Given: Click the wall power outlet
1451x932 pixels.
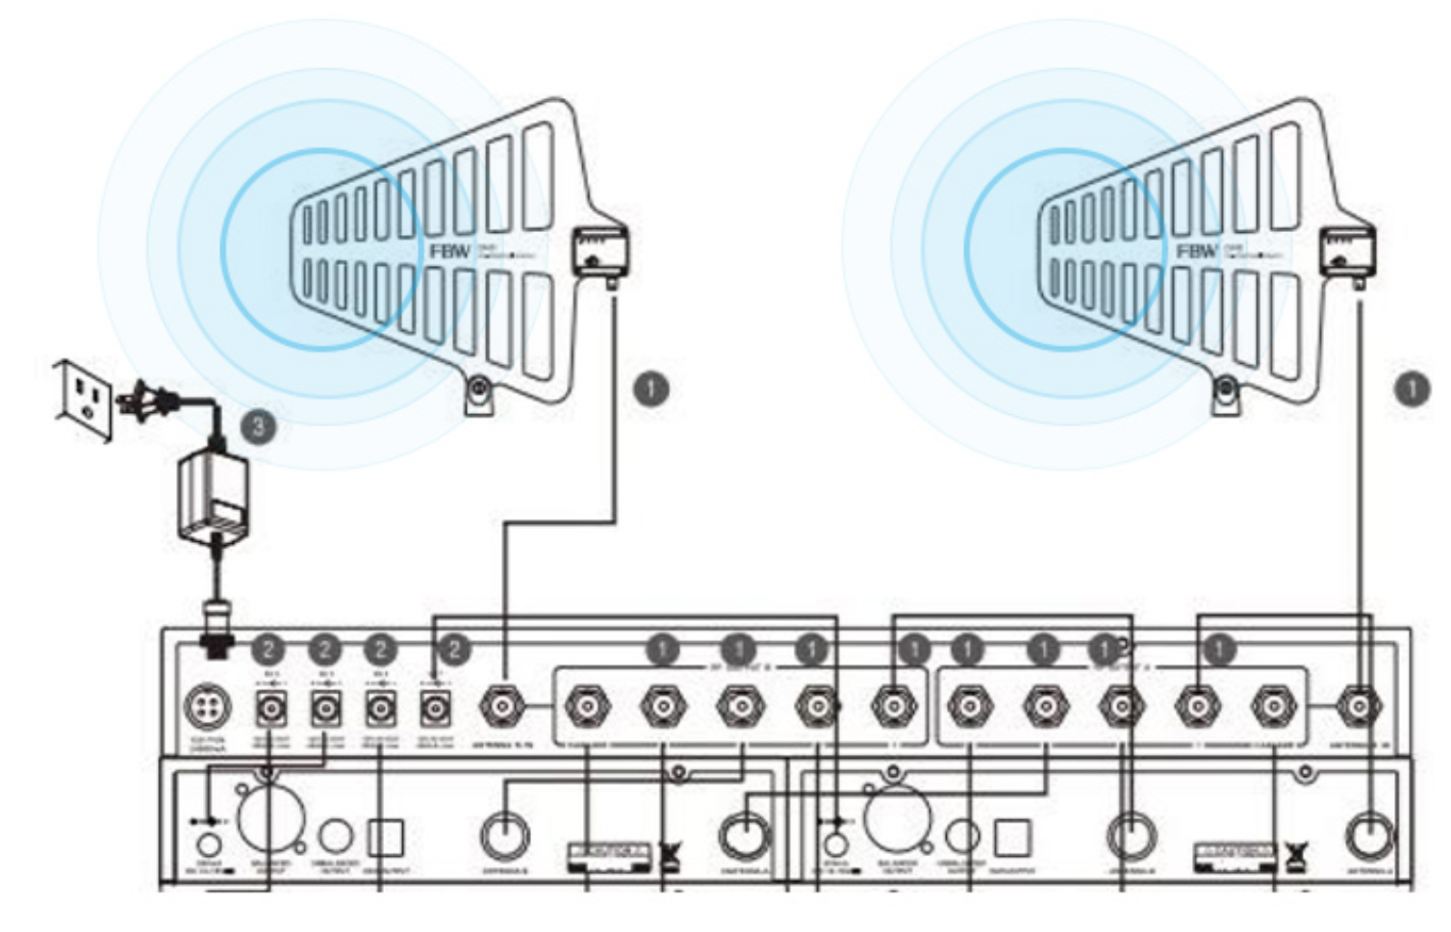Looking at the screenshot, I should [84, 397].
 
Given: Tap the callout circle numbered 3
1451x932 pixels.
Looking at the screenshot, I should [258, 427].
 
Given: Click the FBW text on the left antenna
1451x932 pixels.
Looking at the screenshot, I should [450, 251].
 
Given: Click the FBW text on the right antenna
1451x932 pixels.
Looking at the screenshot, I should [1196, 251].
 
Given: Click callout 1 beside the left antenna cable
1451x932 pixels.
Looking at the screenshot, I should [651, 389].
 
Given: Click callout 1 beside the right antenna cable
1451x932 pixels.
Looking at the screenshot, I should [1412, 389].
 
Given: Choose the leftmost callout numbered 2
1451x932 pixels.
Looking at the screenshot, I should [268, 650].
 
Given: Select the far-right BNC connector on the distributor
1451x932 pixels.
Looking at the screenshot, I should [1358, 709].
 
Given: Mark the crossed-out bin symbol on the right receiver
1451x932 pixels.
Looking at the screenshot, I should [1299, 854].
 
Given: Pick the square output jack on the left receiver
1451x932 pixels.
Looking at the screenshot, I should [386, 838].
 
